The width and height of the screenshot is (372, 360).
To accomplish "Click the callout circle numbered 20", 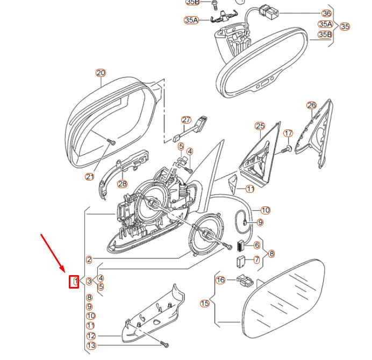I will coord(101,73).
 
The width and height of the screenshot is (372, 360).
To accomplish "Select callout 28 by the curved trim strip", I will coord(123,184).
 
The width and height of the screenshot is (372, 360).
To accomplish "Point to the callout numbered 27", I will coord(186,120).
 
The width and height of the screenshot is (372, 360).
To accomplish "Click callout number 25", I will coord(260,127).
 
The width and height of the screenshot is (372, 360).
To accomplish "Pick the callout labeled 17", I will coord(288,133).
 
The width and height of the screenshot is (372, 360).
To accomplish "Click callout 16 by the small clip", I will coord(220,280).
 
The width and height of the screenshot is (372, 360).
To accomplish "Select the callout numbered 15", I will coord(204,304).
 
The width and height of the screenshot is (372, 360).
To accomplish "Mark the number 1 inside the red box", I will coord(75,280).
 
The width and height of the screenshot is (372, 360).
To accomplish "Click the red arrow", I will coord(53,251).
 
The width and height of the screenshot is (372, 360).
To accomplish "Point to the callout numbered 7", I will coord(256,260).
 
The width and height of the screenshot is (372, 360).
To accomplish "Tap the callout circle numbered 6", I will coord(257,245).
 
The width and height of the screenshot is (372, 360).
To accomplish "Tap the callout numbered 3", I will coord(89,281).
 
